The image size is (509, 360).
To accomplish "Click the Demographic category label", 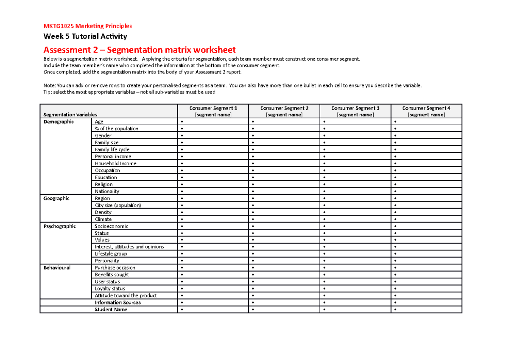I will point(59,122).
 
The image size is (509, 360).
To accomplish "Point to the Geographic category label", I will point(57,198).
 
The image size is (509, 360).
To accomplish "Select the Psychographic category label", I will point(60,226).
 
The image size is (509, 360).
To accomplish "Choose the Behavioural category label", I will point(57,268).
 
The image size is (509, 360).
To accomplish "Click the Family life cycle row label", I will point(112,149).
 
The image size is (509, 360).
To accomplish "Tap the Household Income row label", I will point(115,163).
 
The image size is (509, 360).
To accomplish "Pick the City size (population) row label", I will point(117,205).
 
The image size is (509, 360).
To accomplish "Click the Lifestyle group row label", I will point(111,254).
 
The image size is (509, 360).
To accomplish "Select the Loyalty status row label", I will point(110,289).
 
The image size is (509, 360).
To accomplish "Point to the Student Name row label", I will point(111,309).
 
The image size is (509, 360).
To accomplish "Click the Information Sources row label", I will point(117,303).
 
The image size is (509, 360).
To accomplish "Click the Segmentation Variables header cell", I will point(70,115).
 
